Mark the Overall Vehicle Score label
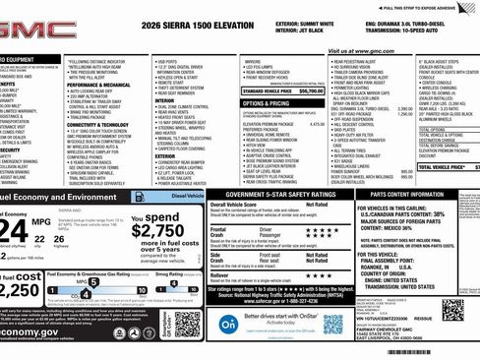tap(238, 233)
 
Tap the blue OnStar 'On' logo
tap(227, 323)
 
